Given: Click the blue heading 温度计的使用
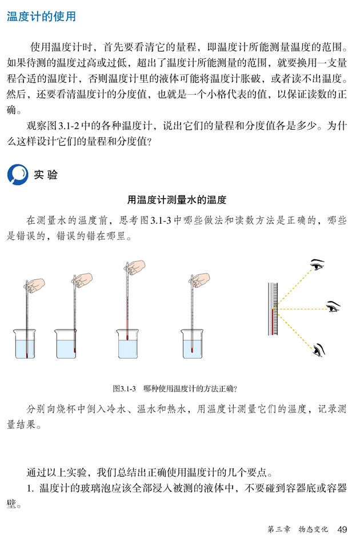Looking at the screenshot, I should tap(41, 17).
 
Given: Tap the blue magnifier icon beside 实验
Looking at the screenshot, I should tap(17, 175).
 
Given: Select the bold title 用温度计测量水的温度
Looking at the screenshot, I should tap(177, 200).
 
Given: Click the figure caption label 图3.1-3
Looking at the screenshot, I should tap(124, 388).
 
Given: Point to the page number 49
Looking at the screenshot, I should tap(342, 529).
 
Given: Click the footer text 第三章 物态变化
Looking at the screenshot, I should tap(297, 529).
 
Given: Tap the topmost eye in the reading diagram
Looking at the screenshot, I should tap(317, 265).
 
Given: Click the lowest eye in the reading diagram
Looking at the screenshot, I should tap(318, 348).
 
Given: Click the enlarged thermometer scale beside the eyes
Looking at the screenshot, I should tap(273, 309).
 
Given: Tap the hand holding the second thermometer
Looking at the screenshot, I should tap(83, 279).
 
